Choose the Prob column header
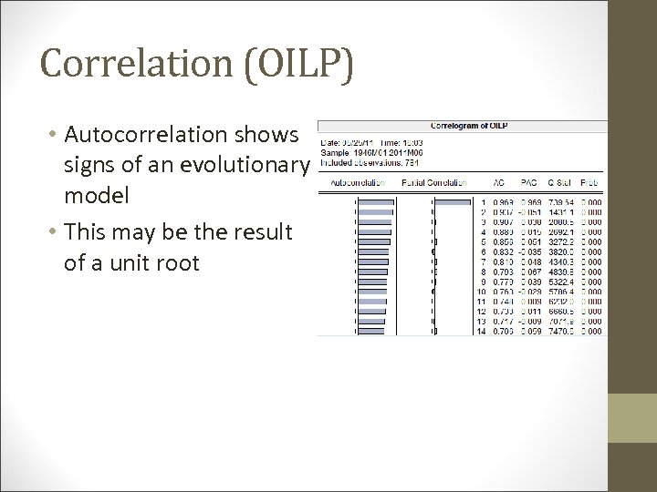592,181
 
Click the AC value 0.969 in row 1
504,201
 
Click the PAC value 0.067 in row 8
532,272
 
